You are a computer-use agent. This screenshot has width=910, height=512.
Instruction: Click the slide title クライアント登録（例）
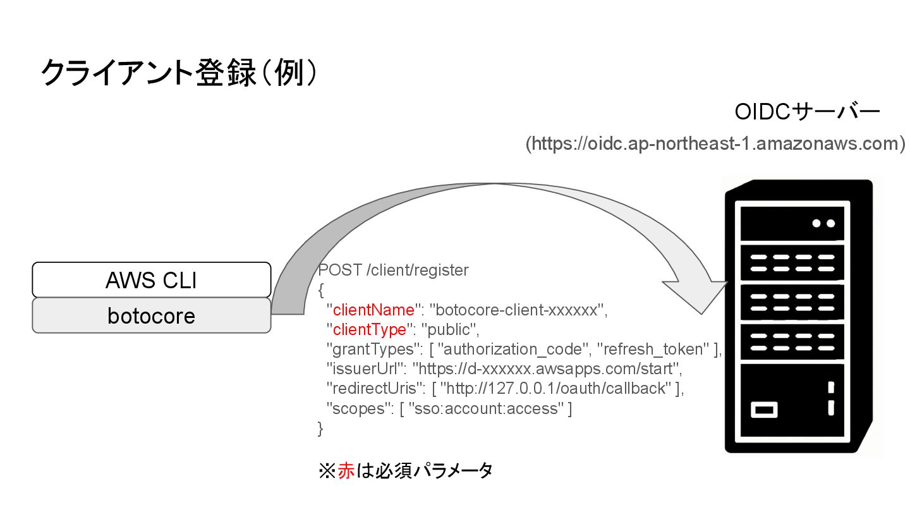click(179, 73)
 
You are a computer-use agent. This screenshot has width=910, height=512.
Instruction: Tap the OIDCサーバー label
click(806, 113)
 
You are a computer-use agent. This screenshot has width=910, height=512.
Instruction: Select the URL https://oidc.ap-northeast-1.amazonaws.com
click(715, 143)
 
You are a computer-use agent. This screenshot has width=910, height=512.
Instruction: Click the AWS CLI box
click(152, 280)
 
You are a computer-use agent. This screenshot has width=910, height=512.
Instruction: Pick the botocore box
click(152, 315)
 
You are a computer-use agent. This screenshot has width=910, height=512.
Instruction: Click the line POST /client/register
click(394, 271)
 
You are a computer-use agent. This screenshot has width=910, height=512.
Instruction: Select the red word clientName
click(373, 310)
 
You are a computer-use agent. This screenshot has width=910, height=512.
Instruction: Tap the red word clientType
click(369, 330)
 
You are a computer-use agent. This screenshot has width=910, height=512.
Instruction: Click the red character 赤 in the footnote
click(346, 471)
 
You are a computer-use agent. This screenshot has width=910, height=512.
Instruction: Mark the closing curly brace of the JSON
click(320, 428)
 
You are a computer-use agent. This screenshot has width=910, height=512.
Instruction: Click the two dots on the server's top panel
click(823, 223)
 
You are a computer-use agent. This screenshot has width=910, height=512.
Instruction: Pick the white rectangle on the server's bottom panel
click(764, 410)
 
